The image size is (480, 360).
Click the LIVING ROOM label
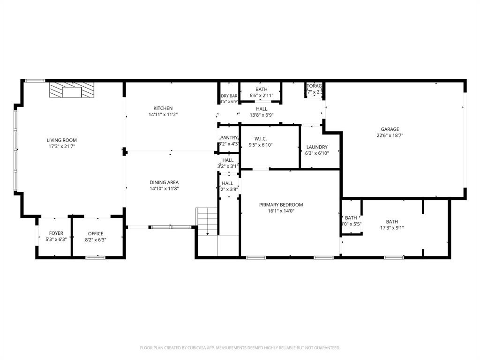point(61,140)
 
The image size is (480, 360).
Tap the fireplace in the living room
point(72,90)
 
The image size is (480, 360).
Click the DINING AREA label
point(164,182)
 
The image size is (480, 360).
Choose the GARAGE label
point(390,129)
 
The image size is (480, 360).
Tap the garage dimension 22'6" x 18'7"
point(390,135)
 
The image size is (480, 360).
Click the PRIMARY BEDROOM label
point(281,205)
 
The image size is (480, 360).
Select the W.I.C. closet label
point(260,138)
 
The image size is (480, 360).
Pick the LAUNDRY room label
point(317,147)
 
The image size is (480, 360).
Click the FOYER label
point(56,233)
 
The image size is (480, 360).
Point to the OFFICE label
point(96,233)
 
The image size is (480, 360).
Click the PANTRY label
point(229,137)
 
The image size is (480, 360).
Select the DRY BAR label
point(229,96)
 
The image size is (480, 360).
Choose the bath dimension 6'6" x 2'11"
point(261,96)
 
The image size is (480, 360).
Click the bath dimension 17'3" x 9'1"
point(392,228)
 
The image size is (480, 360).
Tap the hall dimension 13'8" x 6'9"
point(261,115)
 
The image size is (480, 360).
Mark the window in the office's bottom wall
point(95,257)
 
